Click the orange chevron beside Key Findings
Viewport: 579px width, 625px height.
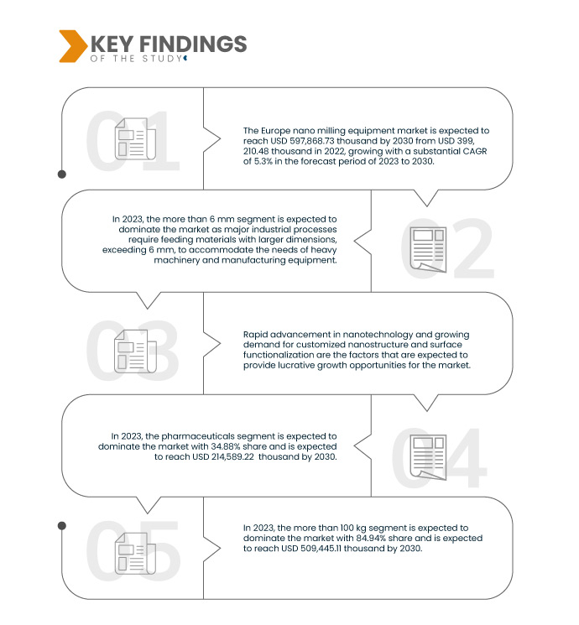73,46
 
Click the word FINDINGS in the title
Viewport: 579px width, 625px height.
193,44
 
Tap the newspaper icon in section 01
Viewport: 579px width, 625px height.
135,138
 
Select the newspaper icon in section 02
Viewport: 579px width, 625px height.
428,249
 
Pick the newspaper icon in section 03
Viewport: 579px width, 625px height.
135,352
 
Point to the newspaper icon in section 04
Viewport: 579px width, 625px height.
428,457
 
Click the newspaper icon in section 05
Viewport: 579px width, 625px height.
135,553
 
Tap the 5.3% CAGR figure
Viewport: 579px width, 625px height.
263,161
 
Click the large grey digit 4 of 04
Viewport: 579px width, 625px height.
465,457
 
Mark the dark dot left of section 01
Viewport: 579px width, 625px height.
62,174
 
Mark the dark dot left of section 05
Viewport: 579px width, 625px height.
62,526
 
